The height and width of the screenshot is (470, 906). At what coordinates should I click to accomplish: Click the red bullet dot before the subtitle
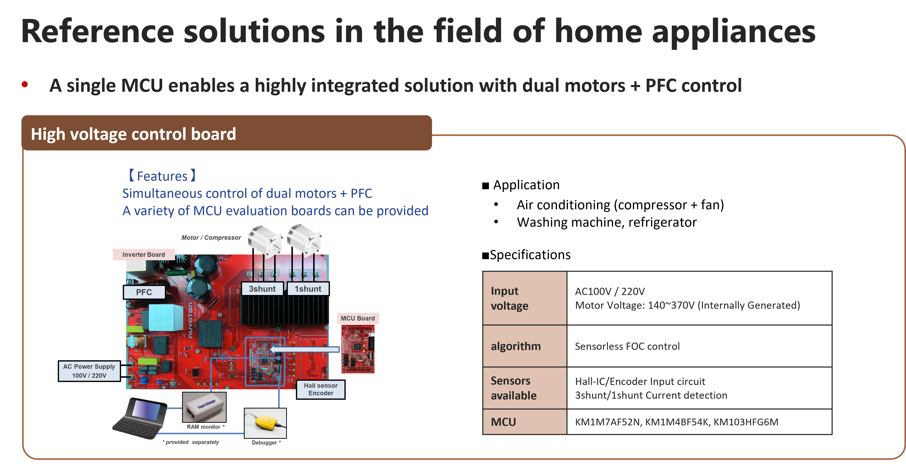point(25,84)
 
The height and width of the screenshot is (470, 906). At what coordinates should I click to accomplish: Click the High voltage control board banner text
point(133,134)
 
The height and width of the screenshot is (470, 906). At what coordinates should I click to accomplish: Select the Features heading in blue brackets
point(162,176)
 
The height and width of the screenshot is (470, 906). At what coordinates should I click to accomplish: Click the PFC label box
point(144,292)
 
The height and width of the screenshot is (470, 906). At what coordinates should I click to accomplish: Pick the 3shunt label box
point(262,289)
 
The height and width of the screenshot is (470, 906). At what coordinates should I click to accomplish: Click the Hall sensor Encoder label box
point(321,389)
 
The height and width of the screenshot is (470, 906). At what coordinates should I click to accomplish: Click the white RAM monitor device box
point(204,407)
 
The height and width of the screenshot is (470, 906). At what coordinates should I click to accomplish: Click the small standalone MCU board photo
point(358,349)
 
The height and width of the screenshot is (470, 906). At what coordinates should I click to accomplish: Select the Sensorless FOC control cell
point(627,346)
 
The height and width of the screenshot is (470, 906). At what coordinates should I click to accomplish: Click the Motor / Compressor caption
point(211,238)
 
